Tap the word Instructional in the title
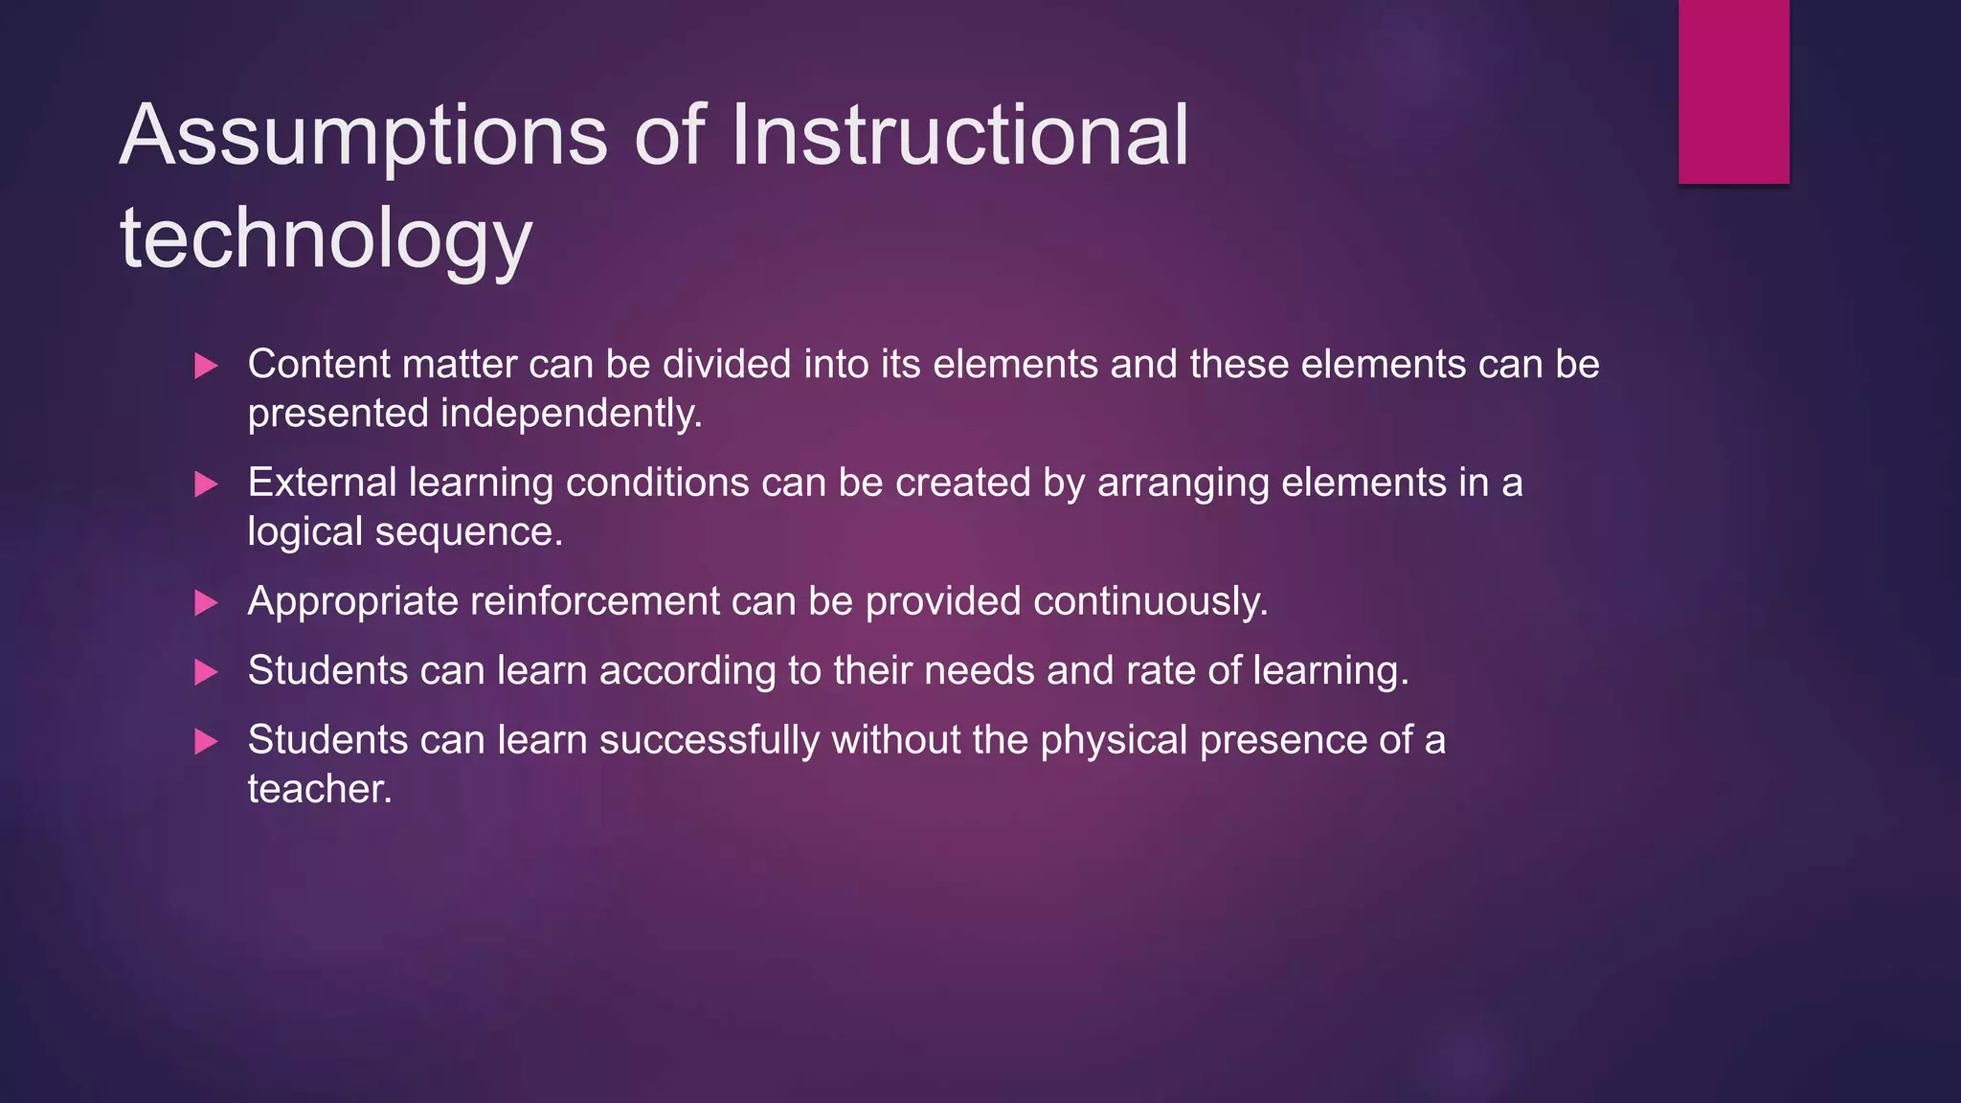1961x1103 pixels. (959, 136)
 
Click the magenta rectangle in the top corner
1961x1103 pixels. (1733, 91)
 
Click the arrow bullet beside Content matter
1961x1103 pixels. (206, 366)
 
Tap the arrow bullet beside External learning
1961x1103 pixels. (206, 484)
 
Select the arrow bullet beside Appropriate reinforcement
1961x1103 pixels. (206, 603)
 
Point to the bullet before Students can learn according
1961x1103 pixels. (206, 672)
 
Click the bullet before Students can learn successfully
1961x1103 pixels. (206, 742)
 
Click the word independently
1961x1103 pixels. (571, 415)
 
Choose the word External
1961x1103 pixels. (322, 483)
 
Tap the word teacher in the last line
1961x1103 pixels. (319, 790)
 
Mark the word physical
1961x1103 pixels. (1114, 741)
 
